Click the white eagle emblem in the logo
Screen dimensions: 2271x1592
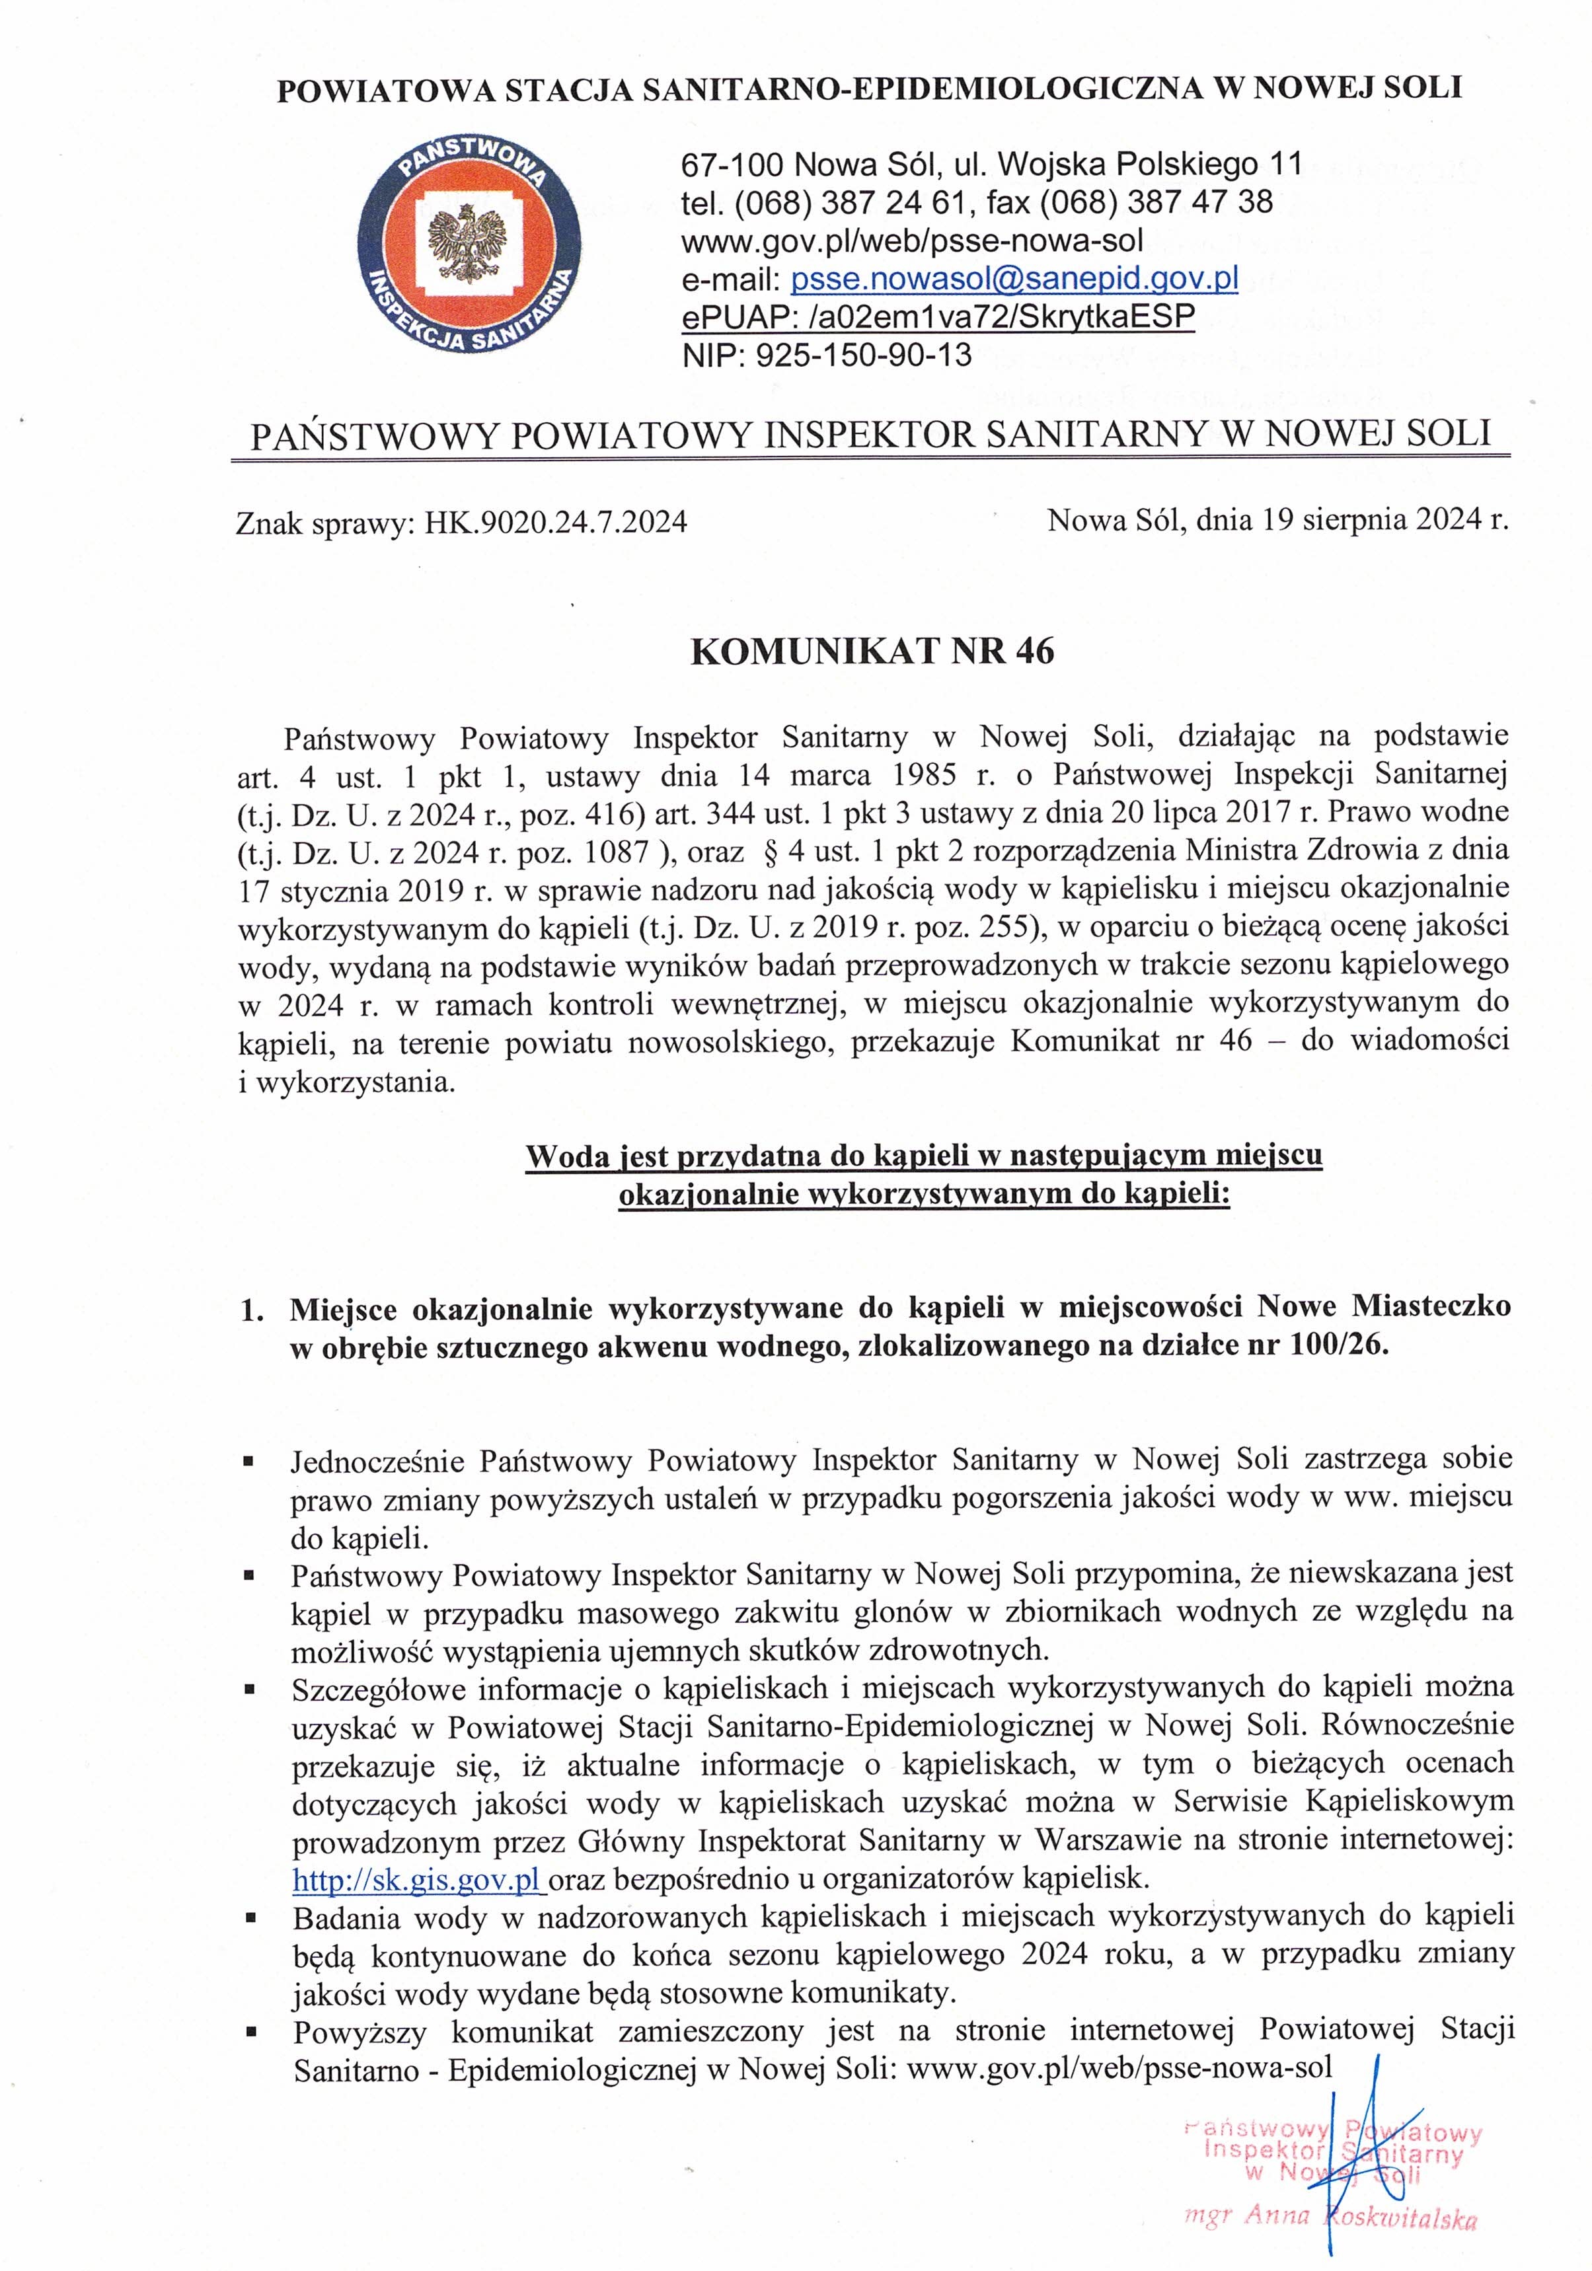point(467,242)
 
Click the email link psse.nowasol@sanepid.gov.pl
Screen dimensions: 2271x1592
point(1014,279)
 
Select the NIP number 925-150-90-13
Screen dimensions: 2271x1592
point(864,355)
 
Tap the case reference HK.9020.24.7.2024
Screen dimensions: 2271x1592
point(556,521)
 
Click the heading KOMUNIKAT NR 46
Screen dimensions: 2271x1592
point(872,651)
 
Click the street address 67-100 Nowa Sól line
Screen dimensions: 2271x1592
point(991,163)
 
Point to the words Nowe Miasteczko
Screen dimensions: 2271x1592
point(1383,1308)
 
